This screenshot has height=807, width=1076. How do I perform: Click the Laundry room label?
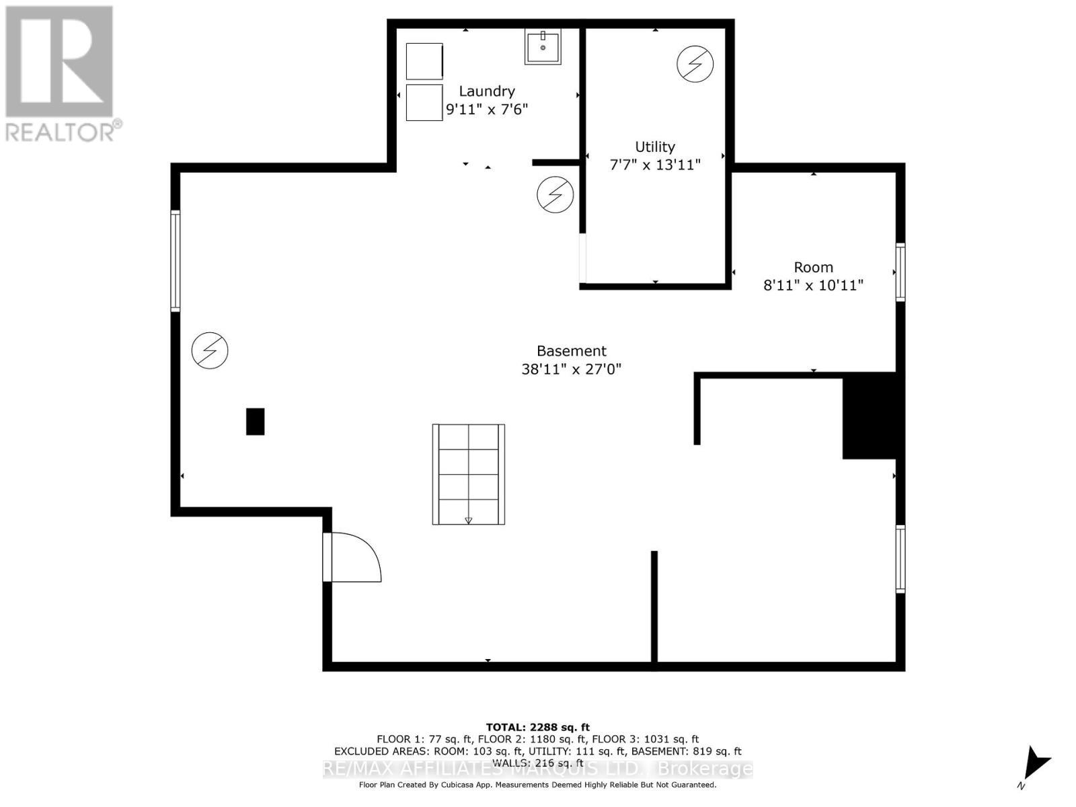click(487, 91)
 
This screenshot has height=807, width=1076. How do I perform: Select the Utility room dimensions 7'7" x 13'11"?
click(655, 165)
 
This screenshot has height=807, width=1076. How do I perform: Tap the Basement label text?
click(572, 351)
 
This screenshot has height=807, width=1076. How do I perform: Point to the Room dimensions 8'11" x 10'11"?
click(813, 285)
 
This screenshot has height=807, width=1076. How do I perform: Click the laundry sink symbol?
click(543, 47)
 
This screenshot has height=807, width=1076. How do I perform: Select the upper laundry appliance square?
click(424, 61)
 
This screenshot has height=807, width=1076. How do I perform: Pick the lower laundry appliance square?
click(424, 102)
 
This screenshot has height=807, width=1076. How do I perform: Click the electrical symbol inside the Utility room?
click(695, 63)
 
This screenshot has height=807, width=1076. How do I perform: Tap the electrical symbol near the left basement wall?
click(210, 350)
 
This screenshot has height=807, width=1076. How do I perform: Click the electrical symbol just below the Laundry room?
click(555, 195)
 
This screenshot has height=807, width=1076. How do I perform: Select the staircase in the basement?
click(469, 474)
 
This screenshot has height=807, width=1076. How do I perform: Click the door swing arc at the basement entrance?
click(356, 557)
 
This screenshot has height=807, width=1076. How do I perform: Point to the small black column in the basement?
click(255, 422)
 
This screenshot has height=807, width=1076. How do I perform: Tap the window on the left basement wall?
click(176, 261)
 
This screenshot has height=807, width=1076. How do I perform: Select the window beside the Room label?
click(900, 272)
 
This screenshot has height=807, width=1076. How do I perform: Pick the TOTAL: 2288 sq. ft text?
click(537, 727)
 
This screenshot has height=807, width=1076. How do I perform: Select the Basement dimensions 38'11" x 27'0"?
click(572, 369)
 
